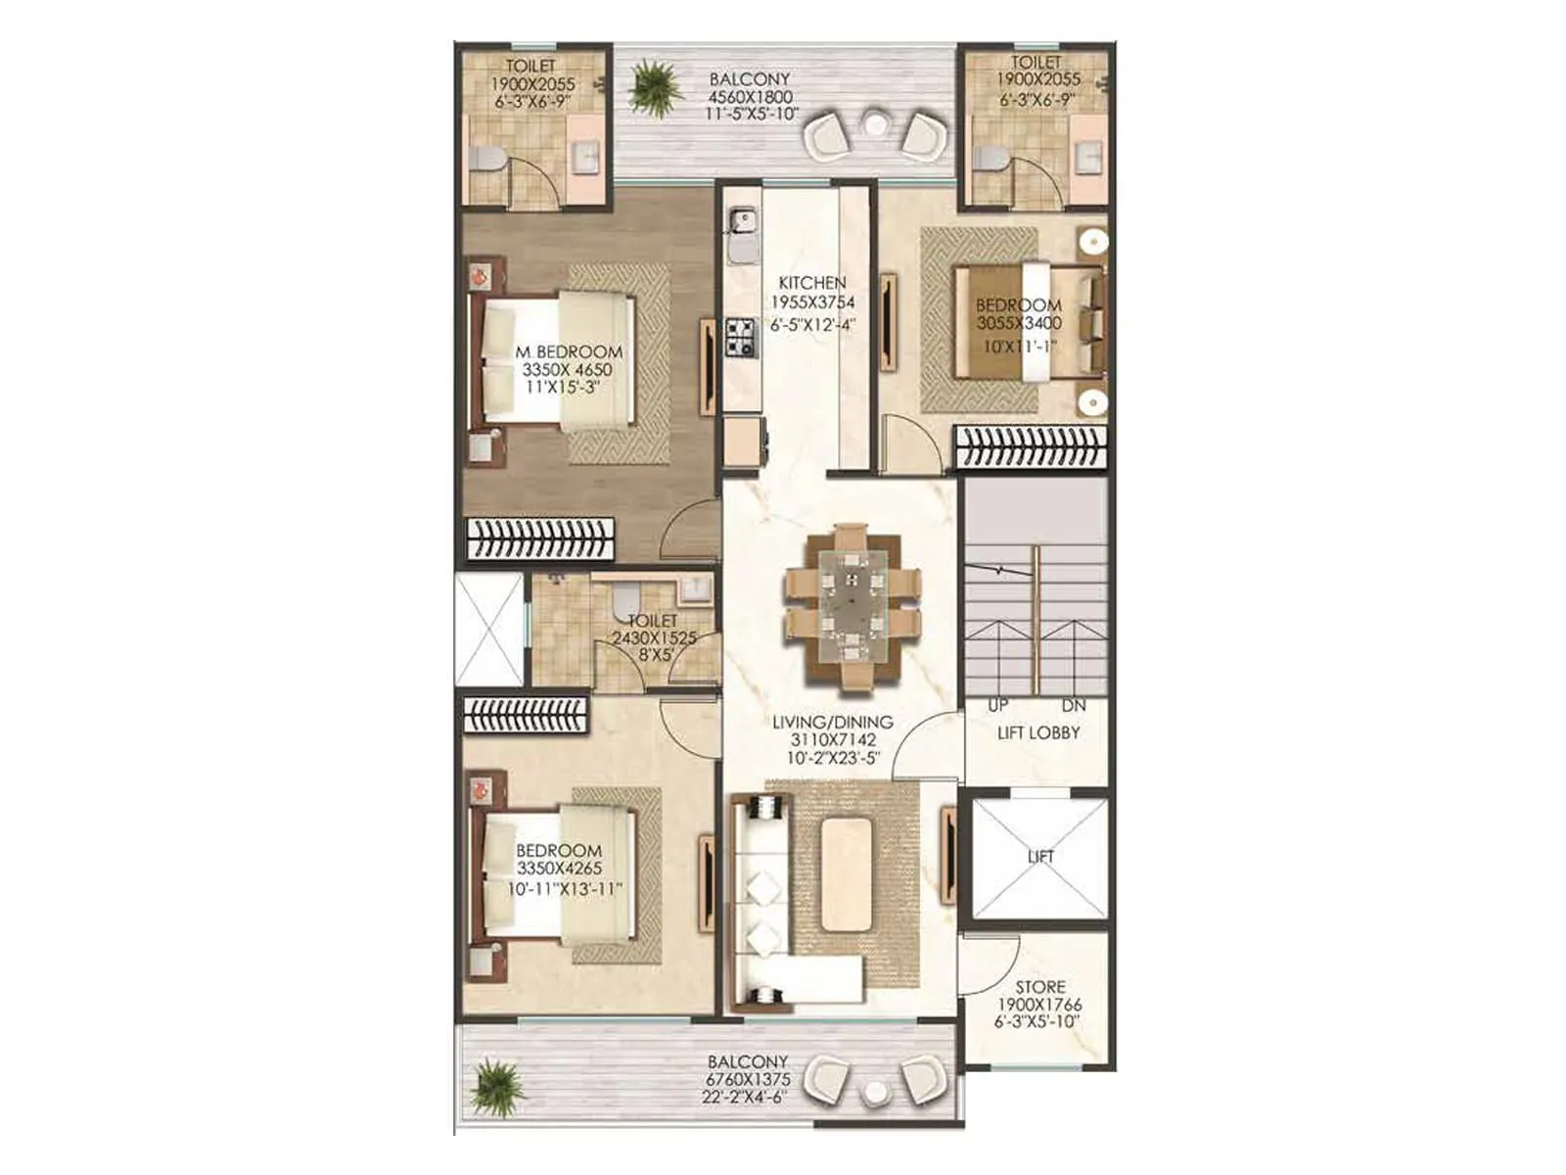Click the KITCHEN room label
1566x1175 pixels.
coord(811,283)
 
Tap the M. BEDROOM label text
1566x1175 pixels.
coord(568,352)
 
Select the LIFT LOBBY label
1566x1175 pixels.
coord(1038,732)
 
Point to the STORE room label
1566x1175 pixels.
coord(1039,987)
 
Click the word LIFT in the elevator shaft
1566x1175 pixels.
coord(1040,856)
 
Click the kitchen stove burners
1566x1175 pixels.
coord(741,336)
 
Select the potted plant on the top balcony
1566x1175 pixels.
coord(655,86)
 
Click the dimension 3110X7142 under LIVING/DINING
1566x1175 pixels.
coord(832,740)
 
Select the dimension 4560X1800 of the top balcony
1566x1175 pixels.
coord(751,97)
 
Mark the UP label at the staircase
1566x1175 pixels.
coord(997,706)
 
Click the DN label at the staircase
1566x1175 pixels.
coord(1073,706)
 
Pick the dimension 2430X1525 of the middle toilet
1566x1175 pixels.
coord(654,637)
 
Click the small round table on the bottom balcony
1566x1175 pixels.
coord(874,1093)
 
